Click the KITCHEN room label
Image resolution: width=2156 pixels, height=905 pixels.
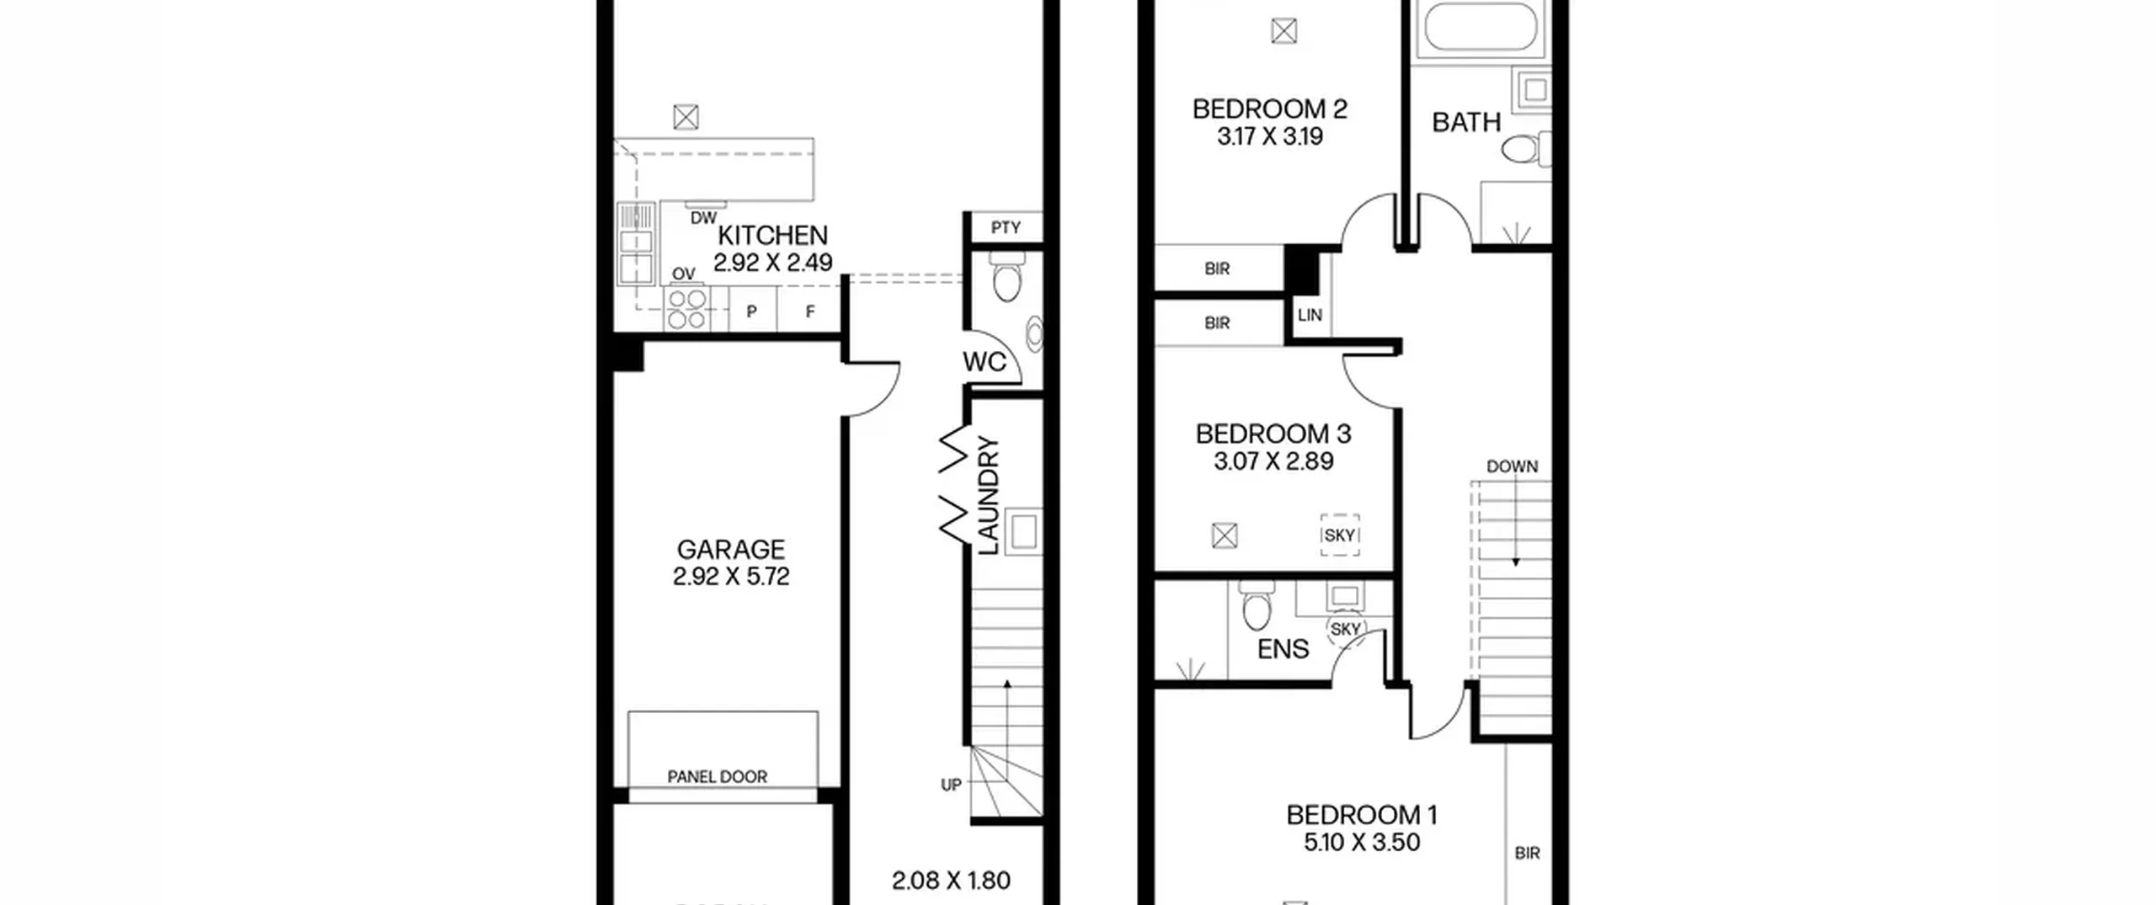pyautogui.click(x=772, y=235)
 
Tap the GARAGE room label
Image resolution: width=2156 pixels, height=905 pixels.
pyautogui.click(x=731, y=550)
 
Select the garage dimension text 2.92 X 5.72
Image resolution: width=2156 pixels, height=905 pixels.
pyautogui.click(x=731, y=577)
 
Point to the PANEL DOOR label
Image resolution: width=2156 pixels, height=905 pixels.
pyautogui.click(x=717, y=777)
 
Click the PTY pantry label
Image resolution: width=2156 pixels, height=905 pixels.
pyautogui.click(x=1006, y=227)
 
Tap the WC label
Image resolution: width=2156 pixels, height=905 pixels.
pyautogui.click(x=984, y=362)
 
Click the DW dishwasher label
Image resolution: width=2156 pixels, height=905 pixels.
pyautogui.click(x=703, y=219)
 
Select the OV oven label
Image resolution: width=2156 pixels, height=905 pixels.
pyautogui.click(x=684, y=274)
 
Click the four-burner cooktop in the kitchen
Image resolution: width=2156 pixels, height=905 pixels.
pyautogui.click(x=686, y=309)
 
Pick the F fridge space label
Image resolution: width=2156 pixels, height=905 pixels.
pyautogui.click(x=810, y=311)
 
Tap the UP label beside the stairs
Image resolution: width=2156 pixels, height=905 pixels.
pyautogui.click(x=951, y=785)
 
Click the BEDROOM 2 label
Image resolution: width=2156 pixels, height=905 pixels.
pyautogui.click(x=1270, y=109)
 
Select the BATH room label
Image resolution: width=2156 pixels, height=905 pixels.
pyautogui.click(x=1466, y=123)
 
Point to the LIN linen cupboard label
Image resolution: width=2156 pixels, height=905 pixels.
pyautogui.click(x=1310, y=316)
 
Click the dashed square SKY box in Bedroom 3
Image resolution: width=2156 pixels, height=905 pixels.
pyautogui.click(x=1340, y=535)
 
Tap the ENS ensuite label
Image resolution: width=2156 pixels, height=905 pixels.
pyautogui.click(x=1283, y=649)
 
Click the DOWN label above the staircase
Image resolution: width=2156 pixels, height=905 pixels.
pyautogui.click(x=1512, y=466)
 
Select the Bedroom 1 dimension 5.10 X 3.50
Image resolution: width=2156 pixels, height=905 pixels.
pyautogui.click(x=1362, y=843)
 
